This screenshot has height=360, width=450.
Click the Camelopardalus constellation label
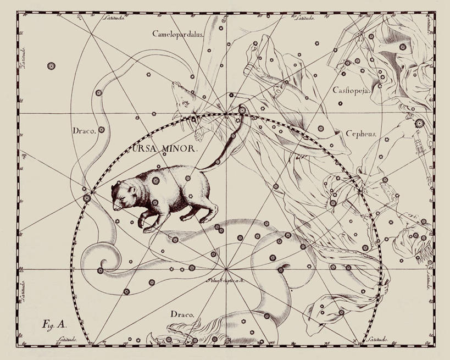coord(179,34)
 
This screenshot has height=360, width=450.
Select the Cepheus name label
coord(360,134)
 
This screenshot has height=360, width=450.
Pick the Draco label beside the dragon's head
coord(181,314)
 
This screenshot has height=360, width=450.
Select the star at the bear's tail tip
coord(242,110)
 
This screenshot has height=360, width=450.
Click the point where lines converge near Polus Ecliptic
coord(226,270)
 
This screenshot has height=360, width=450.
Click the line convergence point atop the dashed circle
coord(226,114)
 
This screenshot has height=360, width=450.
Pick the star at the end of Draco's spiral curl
coord(100,270)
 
